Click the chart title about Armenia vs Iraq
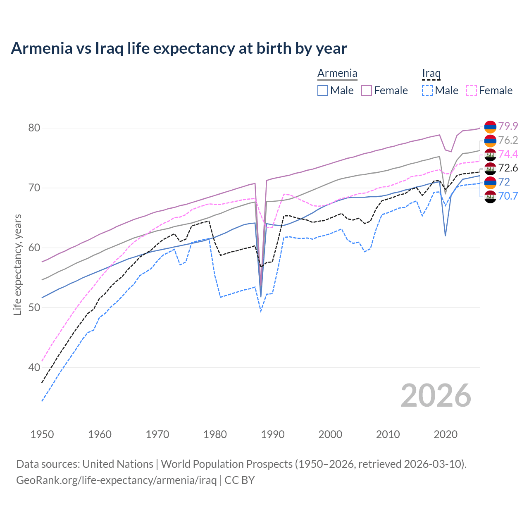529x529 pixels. point(179,48)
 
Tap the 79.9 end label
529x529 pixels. point(508,126)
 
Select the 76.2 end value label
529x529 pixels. point(508,140)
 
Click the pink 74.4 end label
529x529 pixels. point(508,154)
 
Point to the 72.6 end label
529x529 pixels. point(508,168)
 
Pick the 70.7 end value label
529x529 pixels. point(508,196)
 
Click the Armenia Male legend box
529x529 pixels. point(323,91)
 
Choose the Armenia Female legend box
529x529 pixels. point(367,91)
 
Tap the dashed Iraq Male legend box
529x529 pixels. point(427,91)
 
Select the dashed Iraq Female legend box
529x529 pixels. point(472,91)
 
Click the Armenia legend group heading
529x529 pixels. point(337,74)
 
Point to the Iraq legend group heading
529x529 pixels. point(431,74)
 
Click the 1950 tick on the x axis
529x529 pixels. point(42,434)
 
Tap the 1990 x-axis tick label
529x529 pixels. point(273,434)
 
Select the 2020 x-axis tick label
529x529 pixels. point(446,434)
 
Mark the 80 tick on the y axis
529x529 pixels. point(34,128)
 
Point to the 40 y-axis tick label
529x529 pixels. point(34,367)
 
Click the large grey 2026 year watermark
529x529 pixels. point(436,396)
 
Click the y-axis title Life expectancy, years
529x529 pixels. point(18,264)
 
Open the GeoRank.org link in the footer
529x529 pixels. point(116,480)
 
